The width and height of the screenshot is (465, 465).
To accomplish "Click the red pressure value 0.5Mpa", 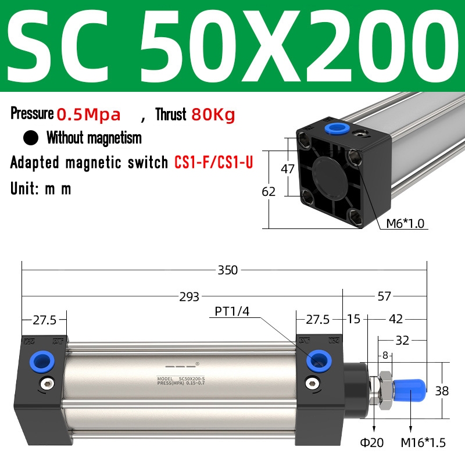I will pyautogui.click(x=88, y=114).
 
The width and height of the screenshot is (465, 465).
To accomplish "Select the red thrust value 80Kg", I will pyautogui.click(x=213, y=114).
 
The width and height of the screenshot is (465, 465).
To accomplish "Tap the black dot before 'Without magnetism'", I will pyautogui.click(x=31, y=138).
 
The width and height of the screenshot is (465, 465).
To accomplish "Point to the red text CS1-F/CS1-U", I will pyautogui.click(x=213, y=162).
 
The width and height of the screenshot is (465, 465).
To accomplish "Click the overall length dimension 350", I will pyautogui.click(x=228, y=270).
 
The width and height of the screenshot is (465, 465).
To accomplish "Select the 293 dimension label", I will pyautogui.click(x=189, y=296).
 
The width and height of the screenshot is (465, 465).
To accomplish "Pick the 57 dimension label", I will pyautogui.click(x=384, y=296).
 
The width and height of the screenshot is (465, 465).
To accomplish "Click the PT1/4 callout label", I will pyautogui.click(x=231, y=312).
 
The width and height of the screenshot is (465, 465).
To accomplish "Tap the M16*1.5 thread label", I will pyautogui.click(x=423, y=443).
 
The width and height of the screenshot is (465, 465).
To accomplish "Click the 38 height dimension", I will pyautogui.click(x=442, y=391).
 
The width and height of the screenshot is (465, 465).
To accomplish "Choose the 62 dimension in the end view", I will pyautogui.click(x=269, y=191).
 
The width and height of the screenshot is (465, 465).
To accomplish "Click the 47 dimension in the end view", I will pyautogui.click(x=287, y=169).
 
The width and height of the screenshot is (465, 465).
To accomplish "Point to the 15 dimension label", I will pyautogui.click(x=354, y=319).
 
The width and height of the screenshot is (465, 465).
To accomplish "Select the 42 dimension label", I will pyautogui.click(x=396, y=319).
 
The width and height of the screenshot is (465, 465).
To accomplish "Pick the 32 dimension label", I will pyautogui.click(x=402, y=340).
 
